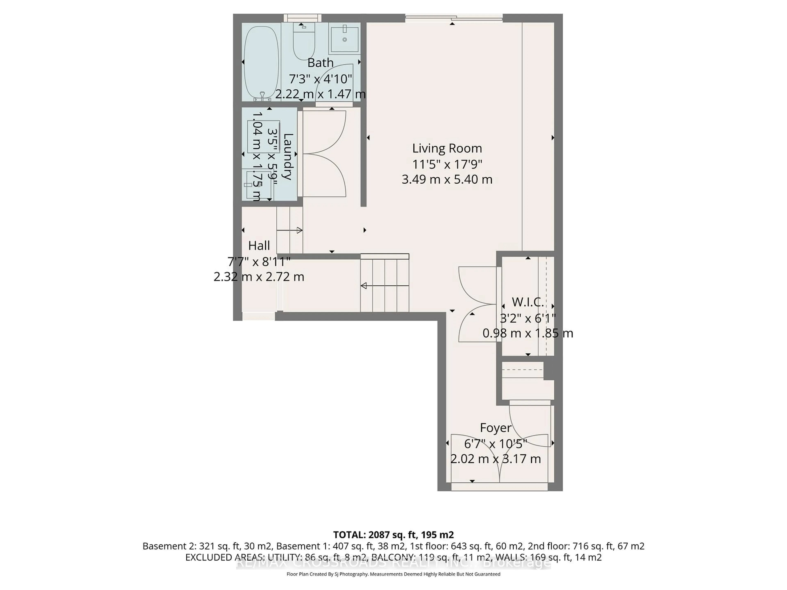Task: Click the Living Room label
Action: pos(447,148)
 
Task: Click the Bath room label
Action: pos(320,63)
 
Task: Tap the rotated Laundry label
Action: pos(288,157)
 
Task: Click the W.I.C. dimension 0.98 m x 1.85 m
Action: pos(527,334)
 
